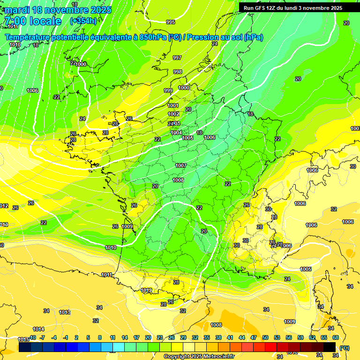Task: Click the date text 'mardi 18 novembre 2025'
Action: pyautogui.click(x=59, y=10)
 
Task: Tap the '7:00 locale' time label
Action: pyautogui.click(x=33, y=21)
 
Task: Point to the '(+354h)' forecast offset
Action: pyautogui.click(x=83, y=21)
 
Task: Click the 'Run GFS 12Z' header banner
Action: pyautogui.click(x=293, y=7)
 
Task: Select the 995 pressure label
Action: pyautogui.click(x=171, y=22)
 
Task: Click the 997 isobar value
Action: pyautogui.click(x=177, y=58)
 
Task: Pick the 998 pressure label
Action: pyautogui.click(x=178, y=72)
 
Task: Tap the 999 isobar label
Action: pyautogui.click(x=168, y=90)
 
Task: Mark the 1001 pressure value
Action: pyautogui.click(x=173, y=105)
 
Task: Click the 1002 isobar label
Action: pyautogui.click(x=173, y=114)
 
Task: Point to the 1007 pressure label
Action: pyautogui.click(x=181, y=165)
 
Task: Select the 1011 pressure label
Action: pyautogui.click(x=107, y=275)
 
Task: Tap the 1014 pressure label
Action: pyautogui.click(x=38, y=329)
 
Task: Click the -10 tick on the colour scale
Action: pyautogui.click(x=32, y=337)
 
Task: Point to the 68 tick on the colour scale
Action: pyautogui.click(x=336, y=337)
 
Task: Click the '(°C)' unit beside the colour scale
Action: pyautogui.click(x=344, y=348)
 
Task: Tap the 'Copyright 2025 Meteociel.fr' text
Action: pyautogui.click(x=199, y=356)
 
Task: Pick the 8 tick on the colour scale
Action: pyautogui.click(x=100, y=337)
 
